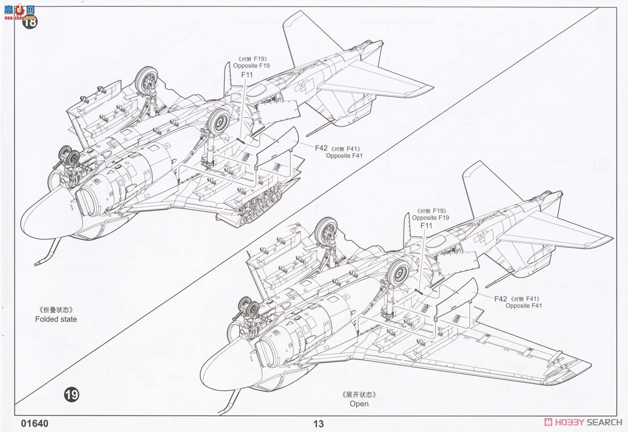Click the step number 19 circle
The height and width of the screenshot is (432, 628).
pyautogui.click(x=71, y=394)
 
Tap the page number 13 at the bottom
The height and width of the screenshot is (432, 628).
pyautogui.click(x=318, y=424)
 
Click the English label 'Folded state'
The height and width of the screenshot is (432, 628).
pyautogui.click(x=56, y=319)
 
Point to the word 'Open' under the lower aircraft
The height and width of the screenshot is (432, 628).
pyautogui.click(x=359, y=404)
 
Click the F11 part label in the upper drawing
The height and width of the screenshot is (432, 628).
pyautogui.click(x=247, y=75)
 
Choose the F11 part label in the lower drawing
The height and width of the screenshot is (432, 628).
pyautogui.click(x=427, y=226)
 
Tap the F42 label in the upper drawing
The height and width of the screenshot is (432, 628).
pyautogui.click(x=321, y=148)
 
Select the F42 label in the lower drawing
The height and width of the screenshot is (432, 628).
pyautogui.click(x=500, y=298)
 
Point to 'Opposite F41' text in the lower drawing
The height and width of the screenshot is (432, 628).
pyautogui.click(x=524, y=306)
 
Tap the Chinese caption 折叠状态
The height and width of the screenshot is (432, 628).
pyautogui.click(x=55, y=309)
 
